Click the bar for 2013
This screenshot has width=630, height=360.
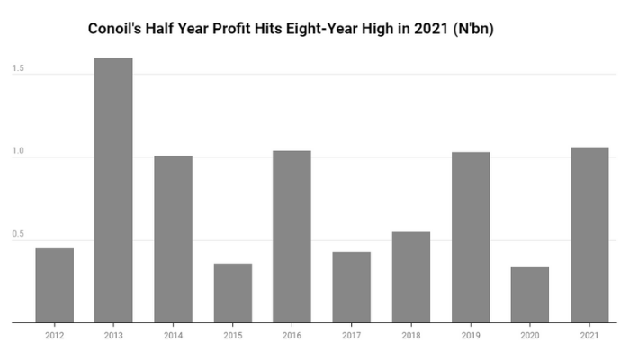(x=113, y=190)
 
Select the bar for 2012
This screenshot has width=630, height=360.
(x=54, y=284)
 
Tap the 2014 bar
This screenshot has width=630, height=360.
(x=173, y=238)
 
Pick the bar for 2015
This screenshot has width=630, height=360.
(x=232, y=292)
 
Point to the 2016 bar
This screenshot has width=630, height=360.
(x=292, y=236)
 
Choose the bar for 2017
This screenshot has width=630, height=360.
(x=351, y=286)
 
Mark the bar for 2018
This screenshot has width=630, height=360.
(x=410, y=276)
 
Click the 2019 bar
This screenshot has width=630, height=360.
(x=470, y=237)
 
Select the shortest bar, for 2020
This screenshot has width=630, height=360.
(x=529, y=294)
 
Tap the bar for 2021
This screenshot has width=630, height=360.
(x=589, y=234)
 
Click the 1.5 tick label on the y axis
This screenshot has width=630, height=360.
(x=18, y=68)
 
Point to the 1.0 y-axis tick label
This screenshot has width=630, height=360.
(x=18, y=152)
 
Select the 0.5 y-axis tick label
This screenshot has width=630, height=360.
(x=18, y=236)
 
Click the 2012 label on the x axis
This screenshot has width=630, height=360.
(x=54, y=335)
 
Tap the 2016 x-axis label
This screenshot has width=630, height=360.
(x=292, y=335)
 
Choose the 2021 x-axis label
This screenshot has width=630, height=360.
(x=589, y=335)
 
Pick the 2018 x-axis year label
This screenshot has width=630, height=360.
(x=410, y=335)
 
